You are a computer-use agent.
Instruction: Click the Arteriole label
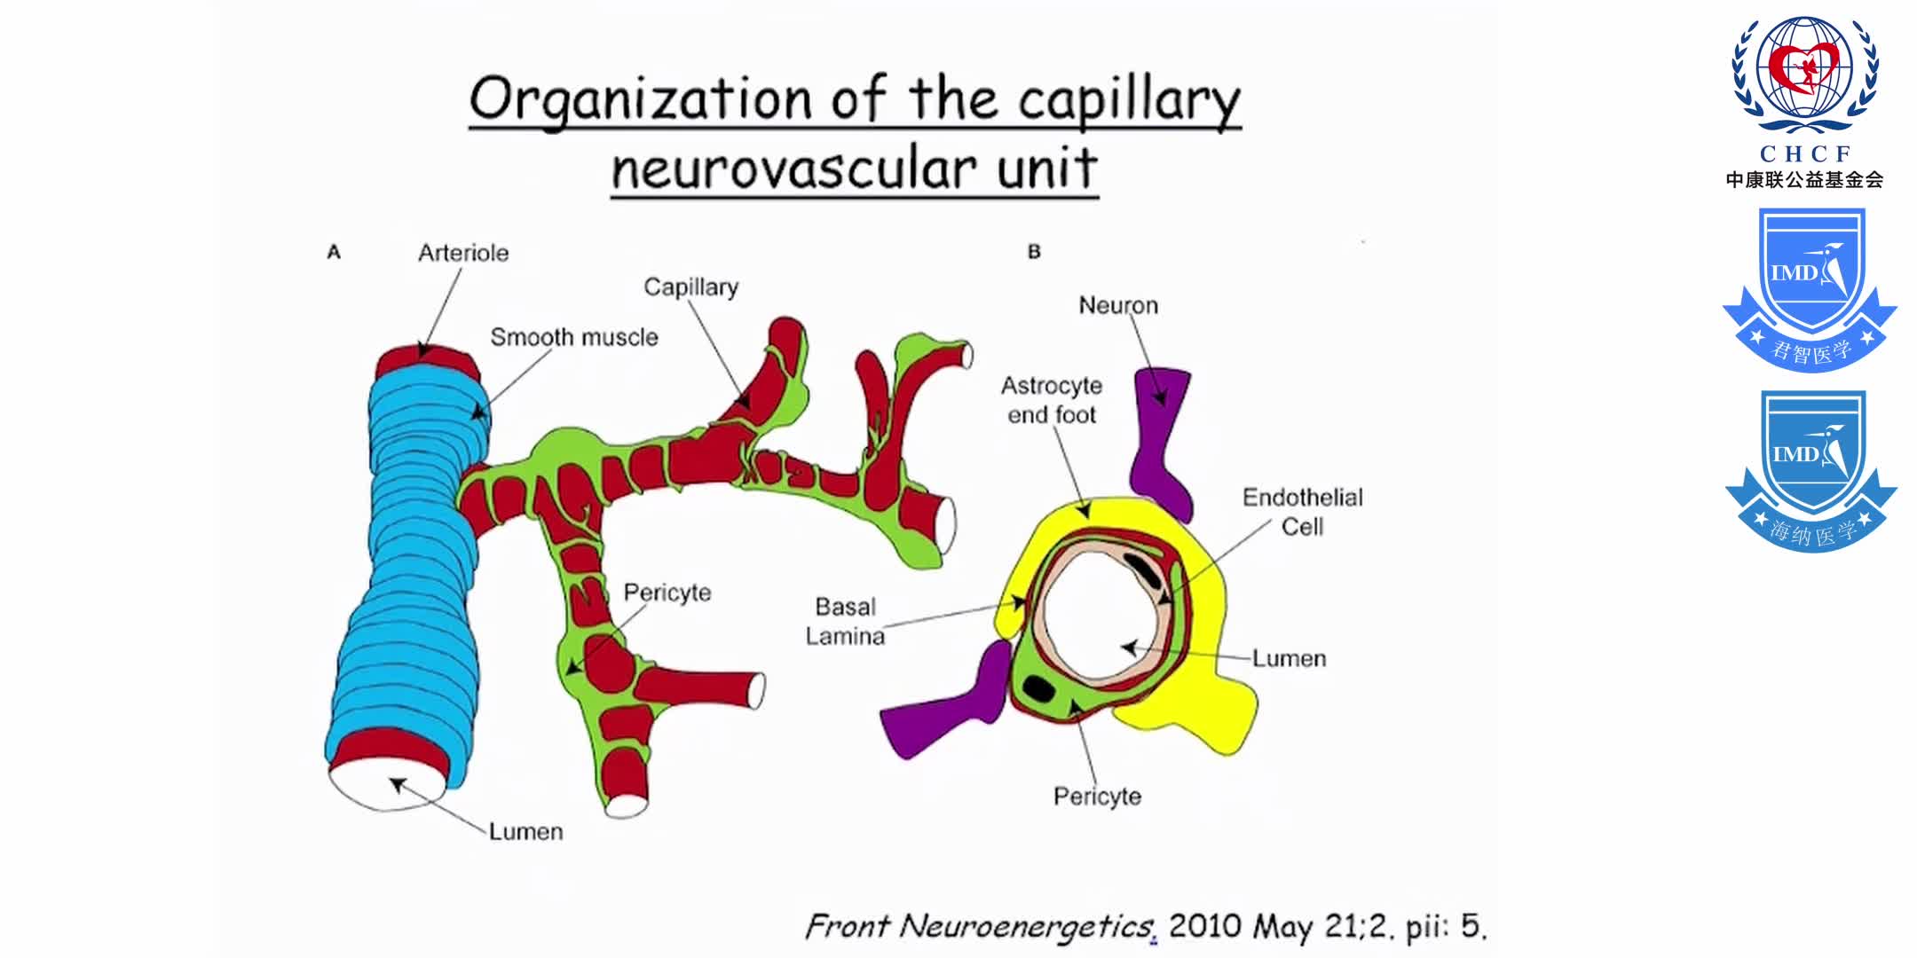[x=463, y=253]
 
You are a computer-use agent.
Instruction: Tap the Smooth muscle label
[x=574, y=337]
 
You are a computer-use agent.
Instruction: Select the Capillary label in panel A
[x=690, y=287]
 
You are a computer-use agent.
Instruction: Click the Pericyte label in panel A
[x=667, y=593]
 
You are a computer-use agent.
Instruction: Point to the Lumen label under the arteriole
[x=525, y=832]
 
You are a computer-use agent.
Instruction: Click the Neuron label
[x=1118, y=306]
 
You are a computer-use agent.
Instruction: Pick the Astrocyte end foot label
[x=1052, y=400]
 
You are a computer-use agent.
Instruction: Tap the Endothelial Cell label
[x=1302, y=512]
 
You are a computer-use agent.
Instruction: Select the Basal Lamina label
[x=845, y=621]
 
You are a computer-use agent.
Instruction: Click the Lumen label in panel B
[x=1289, y=659]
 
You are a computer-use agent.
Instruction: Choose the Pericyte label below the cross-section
[x=1097, y=797]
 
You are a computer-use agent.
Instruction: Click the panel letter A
[x=334, y=253]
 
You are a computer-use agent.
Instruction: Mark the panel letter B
[x=1034, y=252]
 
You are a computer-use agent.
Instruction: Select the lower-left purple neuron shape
[x=945, y=710]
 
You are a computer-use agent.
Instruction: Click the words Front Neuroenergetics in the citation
[x=979, y=927]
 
